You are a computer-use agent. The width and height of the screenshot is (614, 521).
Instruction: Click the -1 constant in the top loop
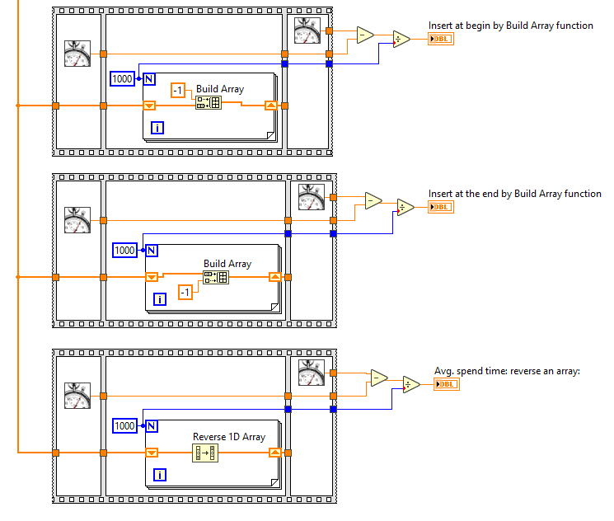(178, 90)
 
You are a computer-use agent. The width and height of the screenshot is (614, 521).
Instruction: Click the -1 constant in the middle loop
(185, 292)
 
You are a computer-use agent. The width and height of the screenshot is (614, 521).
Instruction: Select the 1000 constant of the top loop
(122, 78)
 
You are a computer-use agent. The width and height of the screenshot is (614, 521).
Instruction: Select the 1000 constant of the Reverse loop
(124, 425)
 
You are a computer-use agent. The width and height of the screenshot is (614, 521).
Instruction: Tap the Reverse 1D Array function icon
(204, 452)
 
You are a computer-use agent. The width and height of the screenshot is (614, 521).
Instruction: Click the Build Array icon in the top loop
(208, 102)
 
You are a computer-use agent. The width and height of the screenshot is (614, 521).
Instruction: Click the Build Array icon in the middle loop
(216, 277)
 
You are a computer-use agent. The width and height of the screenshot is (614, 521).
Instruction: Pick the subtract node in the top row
(364, 34)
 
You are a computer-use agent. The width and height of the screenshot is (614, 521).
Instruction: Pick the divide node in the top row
(401, 39)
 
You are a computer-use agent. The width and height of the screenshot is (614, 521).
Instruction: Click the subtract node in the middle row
(373, 200)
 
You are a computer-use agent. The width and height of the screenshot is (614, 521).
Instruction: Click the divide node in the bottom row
(410, 384)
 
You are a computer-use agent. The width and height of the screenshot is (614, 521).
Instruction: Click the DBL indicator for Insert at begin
(441, 39)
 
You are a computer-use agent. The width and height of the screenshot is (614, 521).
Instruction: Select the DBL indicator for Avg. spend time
(447, 384)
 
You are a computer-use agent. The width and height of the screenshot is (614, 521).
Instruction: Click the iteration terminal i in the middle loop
(159, 299)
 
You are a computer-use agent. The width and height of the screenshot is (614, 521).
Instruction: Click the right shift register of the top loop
(271, 106)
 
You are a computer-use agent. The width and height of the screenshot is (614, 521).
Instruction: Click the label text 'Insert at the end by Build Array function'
(514, 194)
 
